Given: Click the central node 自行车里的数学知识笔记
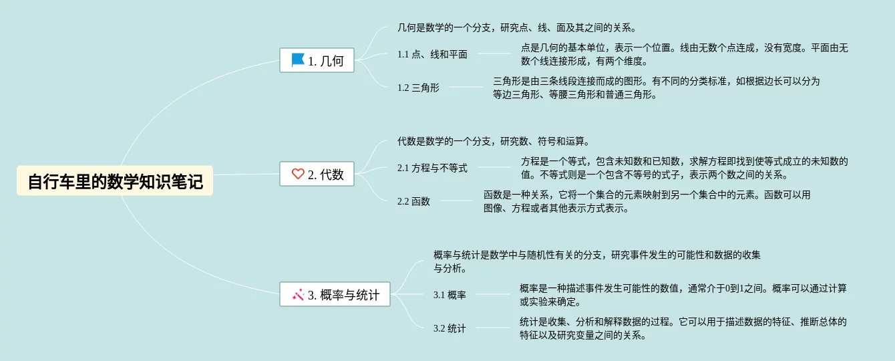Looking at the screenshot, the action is point(115,181).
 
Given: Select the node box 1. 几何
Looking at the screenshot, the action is point(317,61).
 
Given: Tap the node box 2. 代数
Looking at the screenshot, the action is point(317,174).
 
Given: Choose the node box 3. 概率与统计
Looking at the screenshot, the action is point(335,294).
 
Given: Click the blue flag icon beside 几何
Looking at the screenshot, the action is point(298,60).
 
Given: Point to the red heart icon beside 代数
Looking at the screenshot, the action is point(298,174).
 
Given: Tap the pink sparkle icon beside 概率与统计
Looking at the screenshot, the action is point(298,294).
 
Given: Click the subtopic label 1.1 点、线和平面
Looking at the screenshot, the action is point(432,54).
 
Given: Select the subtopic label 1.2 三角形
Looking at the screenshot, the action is point(418,88).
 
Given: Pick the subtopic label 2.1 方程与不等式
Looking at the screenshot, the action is point(432,168).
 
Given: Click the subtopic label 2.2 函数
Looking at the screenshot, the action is point(413,201).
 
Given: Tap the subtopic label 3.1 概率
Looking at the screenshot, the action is point(450,295).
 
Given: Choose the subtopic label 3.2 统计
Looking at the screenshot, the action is point(450,328).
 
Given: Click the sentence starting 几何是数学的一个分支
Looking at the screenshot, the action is point(516,28).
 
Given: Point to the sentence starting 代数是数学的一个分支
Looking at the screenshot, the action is point(493,141).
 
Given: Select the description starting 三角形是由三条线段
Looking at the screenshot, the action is point(656,88).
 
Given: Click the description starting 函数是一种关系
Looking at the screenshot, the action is point(647,201).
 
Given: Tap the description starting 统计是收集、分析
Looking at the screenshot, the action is point(683,328).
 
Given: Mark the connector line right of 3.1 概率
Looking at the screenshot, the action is point(492,294).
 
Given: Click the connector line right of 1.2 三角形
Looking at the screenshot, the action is point(466,87).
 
